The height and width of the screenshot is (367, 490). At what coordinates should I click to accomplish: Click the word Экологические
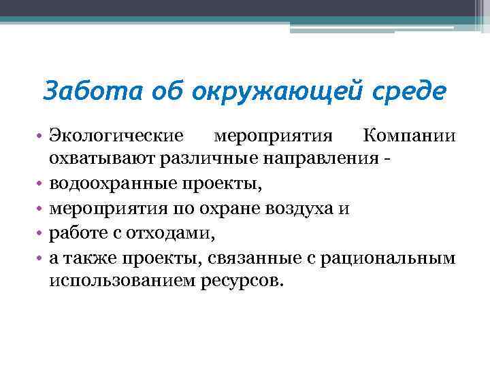pyautogui.click(x=116, y=135)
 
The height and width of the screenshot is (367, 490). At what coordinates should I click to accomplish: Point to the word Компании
pyautogui.click(x=414, y=135)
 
